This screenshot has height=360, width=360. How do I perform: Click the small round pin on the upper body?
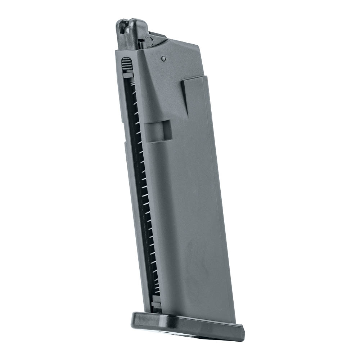[x=163, y=58]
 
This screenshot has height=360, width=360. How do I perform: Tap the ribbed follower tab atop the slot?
[x=127, y=64]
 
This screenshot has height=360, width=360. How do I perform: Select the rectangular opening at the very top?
[x=123, y=26]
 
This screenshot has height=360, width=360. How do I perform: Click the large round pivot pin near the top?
[x=149, y=42]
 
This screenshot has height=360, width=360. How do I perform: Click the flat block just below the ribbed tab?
[x=128, y=75]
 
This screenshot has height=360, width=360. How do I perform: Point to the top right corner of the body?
[x=198, y=46]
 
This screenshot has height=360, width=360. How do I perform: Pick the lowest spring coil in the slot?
[x=155, y=293]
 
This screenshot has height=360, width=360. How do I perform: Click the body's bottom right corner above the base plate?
[x=234, y=321]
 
